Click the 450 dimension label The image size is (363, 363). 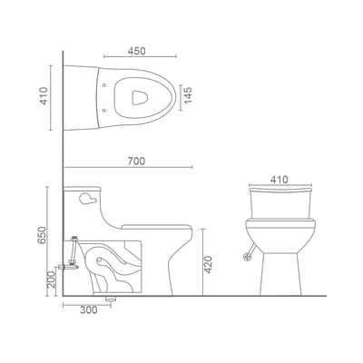click(136, 51)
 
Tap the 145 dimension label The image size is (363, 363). click(188, 95)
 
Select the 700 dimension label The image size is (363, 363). click(136, 162)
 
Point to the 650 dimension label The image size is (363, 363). click(42, 235)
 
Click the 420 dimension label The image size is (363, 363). click(208, 264)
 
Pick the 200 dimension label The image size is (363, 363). click(52, 280)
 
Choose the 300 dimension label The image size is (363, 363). click(89, 310)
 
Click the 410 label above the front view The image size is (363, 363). click(280, 180)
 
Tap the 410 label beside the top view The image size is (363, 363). click(44, 96)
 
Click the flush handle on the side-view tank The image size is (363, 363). click(88, 199)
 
